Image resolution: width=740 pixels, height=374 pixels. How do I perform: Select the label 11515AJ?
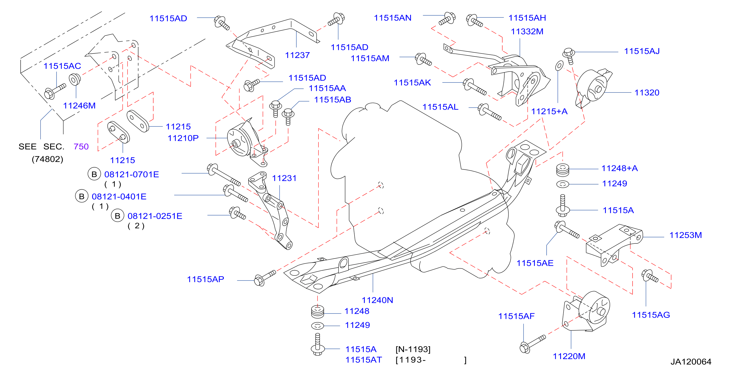pos(642,51)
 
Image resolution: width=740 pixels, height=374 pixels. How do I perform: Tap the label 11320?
pos(647,92)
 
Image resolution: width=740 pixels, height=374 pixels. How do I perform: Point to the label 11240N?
pos(377,300)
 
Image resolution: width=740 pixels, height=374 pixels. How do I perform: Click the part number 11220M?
pos(569,356)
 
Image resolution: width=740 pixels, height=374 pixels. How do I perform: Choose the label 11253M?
pos(685,235)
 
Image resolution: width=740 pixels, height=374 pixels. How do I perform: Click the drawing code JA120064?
pos(691,362)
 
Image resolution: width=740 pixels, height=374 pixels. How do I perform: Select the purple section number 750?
pos(81,147)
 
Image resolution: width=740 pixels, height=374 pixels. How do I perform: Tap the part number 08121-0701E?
pos(132,174)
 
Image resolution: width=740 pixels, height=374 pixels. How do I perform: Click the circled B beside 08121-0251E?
pos(118,216)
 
